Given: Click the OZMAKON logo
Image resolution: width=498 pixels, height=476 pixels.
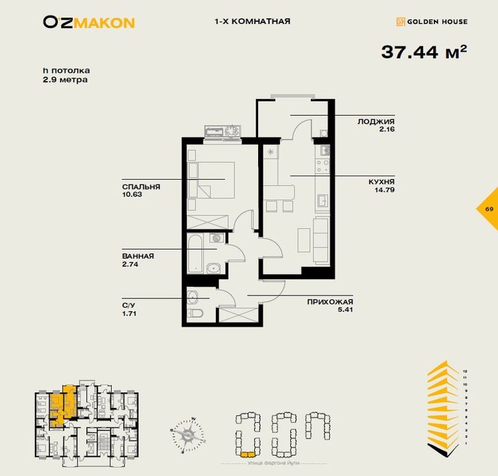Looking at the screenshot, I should pyautogui.click(x=89, y=22).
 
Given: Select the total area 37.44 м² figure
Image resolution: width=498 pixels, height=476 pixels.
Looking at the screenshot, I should pyautogui.click(x=423, y=52).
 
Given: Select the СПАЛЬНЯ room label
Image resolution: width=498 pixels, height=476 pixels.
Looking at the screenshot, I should pyautogui.click(x=141, y=186).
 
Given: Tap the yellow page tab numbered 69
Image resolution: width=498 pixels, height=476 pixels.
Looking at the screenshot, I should pyautogui.click(x=488, y=208).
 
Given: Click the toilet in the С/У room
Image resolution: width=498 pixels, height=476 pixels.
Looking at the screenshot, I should pyautogui.click(x=195, y=313).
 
